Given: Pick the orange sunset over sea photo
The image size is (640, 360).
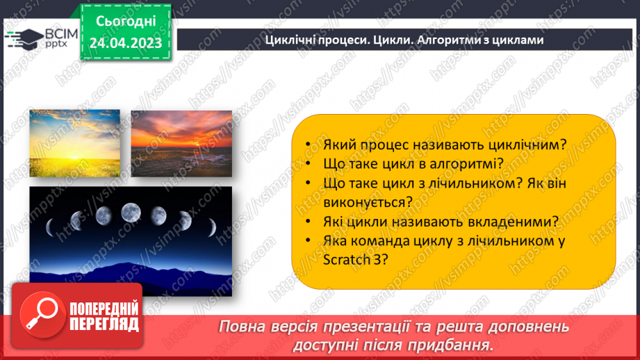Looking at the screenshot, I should [181, 144].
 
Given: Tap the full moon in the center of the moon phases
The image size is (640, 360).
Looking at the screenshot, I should [131, 212].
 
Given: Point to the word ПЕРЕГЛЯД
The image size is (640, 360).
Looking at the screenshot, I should [102, 323].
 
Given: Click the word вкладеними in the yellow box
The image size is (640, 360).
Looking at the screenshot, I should [515, 221].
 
